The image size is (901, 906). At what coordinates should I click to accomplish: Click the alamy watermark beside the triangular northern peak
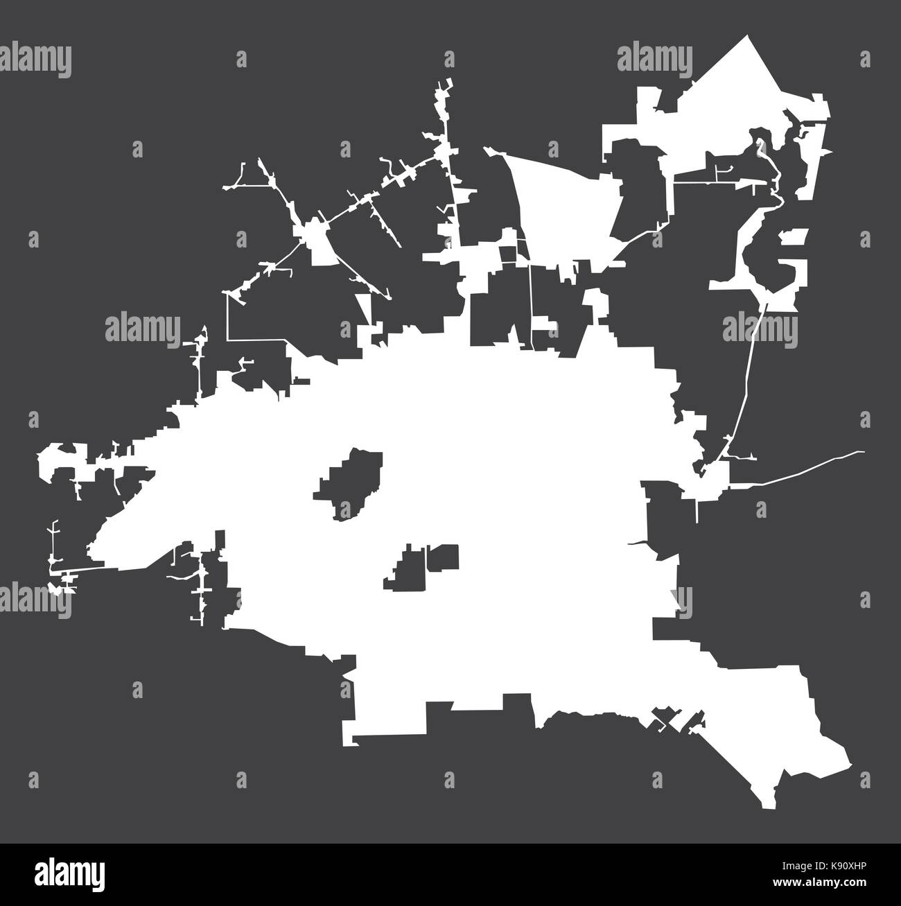[x=654, y=57]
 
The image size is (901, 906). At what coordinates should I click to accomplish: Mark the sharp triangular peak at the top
[x=749, y=36]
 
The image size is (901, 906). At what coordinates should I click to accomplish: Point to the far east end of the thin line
[x=863, y=452]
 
